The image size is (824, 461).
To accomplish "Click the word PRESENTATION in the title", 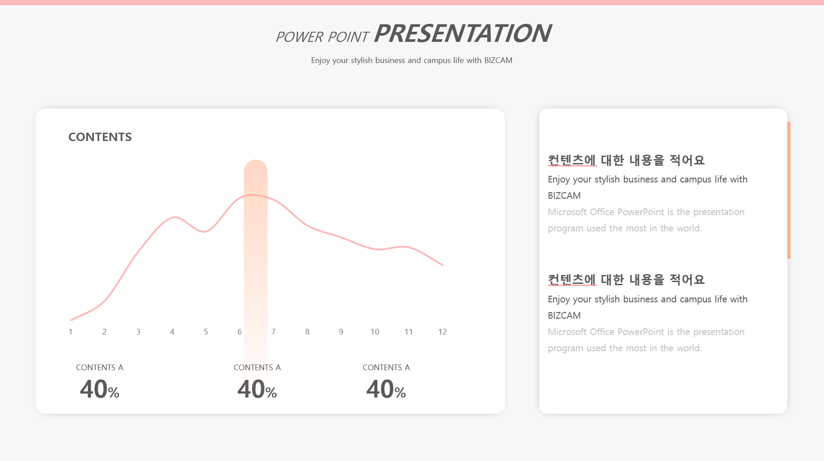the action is (x=462, y=33).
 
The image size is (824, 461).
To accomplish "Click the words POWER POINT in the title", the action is (x=322, y=37).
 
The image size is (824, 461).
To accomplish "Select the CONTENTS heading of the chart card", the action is (x=100, y=137).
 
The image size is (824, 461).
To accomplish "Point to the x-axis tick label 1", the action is (x=71, y=332).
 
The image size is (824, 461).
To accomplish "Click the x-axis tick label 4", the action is (x=172, y=332).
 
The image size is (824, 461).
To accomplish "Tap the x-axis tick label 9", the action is (x=341, y=332).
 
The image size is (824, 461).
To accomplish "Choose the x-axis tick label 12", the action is (x=443, y=332).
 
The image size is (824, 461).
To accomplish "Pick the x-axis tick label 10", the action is (x=375, y=332).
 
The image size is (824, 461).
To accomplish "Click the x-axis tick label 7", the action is (x=273, y=332).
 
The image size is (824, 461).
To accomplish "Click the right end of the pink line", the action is (x=443, y=265).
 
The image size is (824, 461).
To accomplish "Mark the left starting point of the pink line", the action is (x=71, y=320).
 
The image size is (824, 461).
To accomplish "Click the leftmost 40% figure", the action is (x=100, y=389).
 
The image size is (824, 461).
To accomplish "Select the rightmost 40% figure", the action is (x=386, y=389).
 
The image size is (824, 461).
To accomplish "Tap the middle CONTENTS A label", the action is (x=257, y=368).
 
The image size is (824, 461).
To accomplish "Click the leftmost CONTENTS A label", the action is (x=100, y=368).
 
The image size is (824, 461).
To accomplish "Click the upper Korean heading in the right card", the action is (x=626, y=160).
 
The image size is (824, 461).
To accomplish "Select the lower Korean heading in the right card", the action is (x=626, y=279).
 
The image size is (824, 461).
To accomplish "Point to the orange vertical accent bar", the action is (x=789, y=190).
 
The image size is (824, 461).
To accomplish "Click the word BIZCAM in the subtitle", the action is (x=498, y=60).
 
